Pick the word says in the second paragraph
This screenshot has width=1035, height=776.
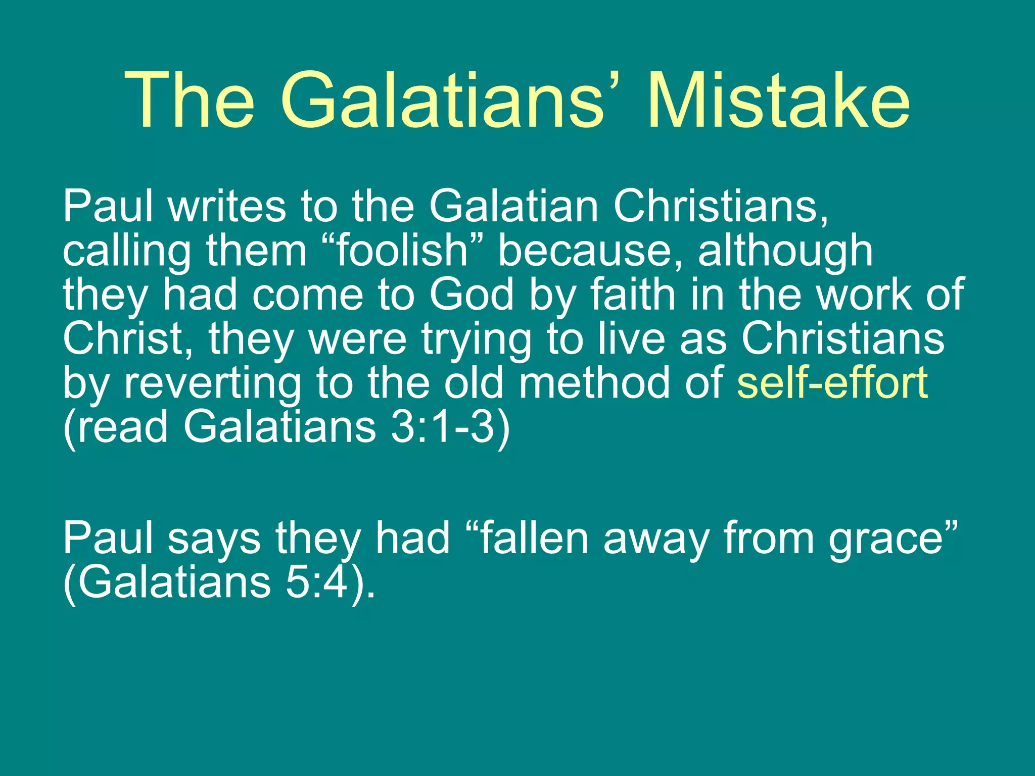214,539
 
